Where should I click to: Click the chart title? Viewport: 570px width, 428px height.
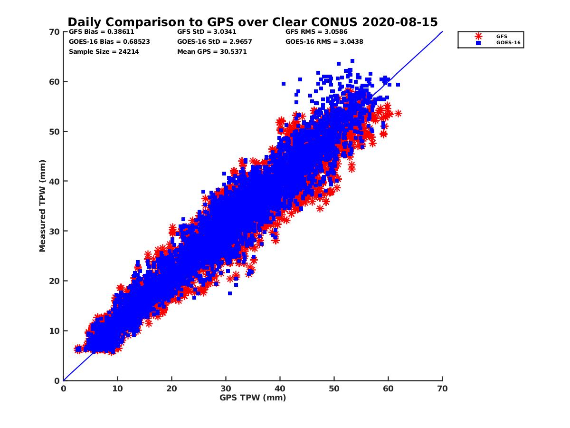click(252, 22)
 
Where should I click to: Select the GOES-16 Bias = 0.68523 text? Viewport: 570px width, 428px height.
click(109, 41)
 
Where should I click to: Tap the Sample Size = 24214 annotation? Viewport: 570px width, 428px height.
click(104, 51)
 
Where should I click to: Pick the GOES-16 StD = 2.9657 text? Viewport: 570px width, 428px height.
click(214, 41)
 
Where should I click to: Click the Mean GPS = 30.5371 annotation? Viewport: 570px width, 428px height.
click(212, 51)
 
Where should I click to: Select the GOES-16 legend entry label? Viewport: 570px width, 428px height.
click(505, 43)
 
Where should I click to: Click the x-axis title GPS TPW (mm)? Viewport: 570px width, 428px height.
click(253, 398)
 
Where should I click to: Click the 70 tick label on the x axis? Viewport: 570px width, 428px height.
click(442, 389)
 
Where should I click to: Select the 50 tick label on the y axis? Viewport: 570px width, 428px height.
click(55, 131)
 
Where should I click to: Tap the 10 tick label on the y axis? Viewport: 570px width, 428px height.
click(55, 331)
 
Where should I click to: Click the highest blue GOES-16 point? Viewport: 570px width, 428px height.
click(352, 61)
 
